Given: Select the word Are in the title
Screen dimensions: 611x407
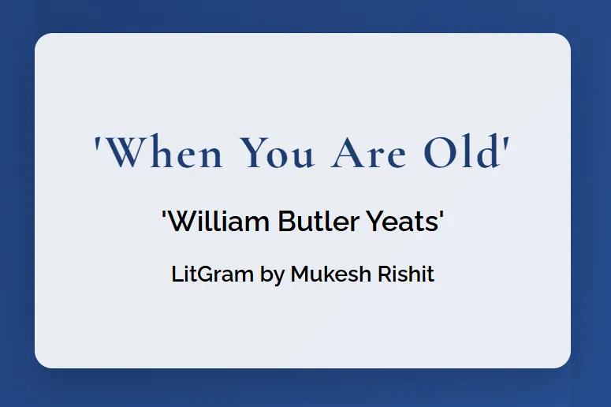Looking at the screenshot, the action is click(x=368, y=152).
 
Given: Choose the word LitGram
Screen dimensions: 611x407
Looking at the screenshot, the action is click(x=212, y=274).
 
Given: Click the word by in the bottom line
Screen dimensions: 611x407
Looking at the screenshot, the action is click(x=272, y=275).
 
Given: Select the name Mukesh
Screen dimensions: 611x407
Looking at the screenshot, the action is click(x=331, y=274).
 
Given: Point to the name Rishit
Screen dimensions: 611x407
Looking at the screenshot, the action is click(x=406, y=274).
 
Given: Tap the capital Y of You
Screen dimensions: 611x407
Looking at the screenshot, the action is click(x=253, y=152).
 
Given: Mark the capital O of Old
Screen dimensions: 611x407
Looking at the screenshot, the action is click(x=441, y=152).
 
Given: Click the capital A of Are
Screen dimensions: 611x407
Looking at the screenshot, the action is click(x=347, y=152).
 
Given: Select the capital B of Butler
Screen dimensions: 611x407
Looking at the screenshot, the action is click(x=286, y=222).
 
